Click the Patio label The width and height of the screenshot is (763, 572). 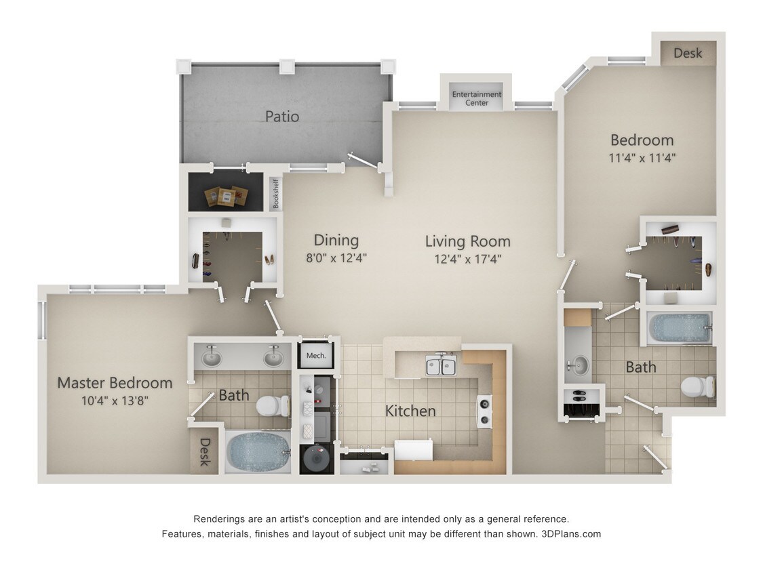(x=281, y=117)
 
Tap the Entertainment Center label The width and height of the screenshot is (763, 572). (x=477, y=99)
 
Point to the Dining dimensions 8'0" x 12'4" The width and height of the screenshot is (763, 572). (x=336, y=258)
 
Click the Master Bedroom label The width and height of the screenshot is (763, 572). (x=115, y=383)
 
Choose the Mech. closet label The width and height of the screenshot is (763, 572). (x=316, y=355)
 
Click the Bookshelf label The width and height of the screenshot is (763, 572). (x=275, y=193)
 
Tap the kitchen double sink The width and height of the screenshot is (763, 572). (x=440, y=367)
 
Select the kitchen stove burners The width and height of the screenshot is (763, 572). (x=484, y=411)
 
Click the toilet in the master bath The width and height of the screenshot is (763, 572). (x=272, y=406)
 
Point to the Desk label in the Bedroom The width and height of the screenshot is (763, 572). (x=688, y=53)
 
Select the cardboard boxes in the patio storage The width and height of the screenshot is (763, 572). (x=225, y=195)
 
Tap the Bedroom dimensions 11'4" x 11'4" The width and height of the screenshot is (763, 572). (x=642, y=158)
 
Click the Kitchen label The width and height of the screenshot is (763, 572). (x=410, y=411)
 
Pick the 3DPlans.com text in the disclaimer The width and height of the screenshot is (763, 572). (x=571, y=534)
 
